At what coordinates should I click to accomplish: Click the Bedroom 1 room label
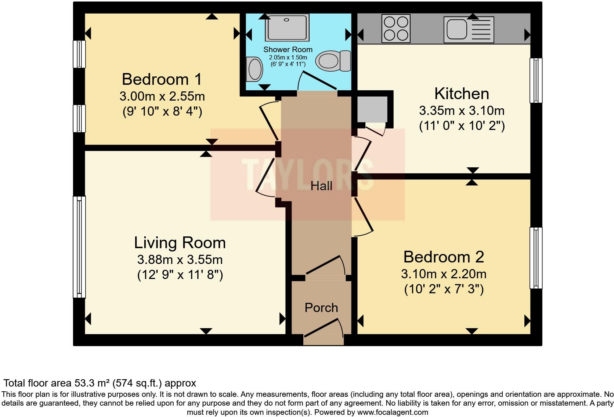[162, 79]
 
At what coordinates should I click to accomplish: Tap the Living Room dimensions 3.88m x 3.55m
[180, 260]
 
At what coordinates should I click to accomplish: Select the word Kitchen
[462, 94]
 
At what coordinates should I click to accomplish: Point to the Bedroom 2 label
[444, 257]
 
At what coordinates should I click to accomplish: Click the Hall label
[321, 186]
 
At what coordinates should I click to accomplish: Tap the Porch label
[321, 308]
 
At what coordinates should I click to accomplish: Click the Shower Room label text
[288, 50]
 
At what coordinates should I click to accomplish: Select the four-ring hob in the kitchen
[396, 29]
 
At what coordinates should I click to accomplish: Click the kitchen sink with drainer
[469, 30]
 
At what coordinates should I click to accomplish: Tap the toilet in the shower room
[333, 61]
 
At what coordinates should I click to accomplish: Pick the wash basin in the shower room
[254, 69]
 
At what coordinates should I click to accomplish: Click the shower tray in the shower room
[287, 28]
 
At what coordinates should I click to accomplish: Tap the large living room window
[79, 247]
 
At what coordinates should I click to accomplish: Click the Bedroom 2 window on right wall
[536, 258]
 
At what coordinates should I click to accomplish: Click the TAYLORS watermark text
[308, 174]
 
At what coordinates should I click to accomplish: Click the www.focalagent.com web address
[393, 412]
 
